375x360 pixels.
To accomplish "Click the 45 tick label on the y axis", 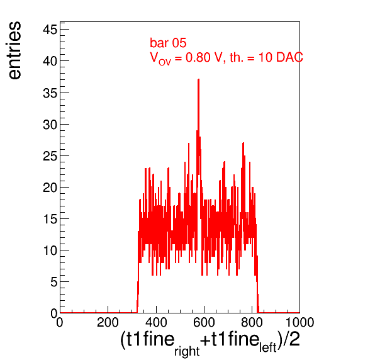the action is pyautogui.click(x=50, y=30).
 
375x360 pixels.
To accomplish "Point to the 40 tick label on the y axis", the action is pyautogui.click(x=50, y=61).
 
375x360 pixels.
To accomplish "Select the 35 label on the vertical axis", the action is pyautogui.click(x=50, y=93).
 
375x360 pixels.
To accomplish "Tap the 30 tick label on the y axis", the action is pyautogui.click(x=50, y=125).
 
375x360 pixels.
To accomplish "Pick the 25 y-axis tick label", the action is pyautogui.click(x=50, y=156).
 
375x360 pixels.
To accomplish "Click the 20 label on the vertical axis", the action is pyautogui.click(x=50, y=188).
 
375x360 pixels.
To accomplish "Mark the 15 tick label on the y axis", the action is pyautogui.click(x=50, y=219).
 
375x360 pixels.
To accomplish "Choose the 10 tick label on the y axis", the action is pyautogui.click(x=50, y=250).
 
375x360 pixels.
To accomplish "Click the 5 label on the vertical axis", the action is pyautogui.click(x=54, y=282).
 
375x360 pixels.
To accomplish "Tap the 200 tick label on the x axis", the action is pyautogui.click(x=108, y=322).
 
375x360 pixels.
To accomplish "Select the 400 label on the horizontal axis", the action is pyautogui.click(x=156, y=322).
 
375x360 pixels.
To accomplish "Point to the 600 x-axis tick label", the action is pyautogui.click(x=204, y=322).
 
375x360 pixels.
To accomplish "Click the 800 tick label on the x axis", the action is pyautogui.click(x=252, y=322).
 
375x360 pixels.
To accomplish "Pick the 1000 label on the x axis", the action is pyautogui.click(x=299, y=322).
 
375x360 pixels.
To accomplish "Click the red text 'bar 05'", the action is pyautogui.click(x=168, y=43).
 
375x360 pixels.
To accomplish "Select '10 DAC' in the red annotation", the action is pyautogui.click(x=281, y=57).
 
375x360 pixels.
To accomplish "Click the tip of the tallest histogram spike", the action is pyautogui.click(x=198, y=79).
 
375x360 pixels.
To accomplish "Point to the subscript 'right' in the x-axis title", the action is pyautogui.click(x=187, y=351).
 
